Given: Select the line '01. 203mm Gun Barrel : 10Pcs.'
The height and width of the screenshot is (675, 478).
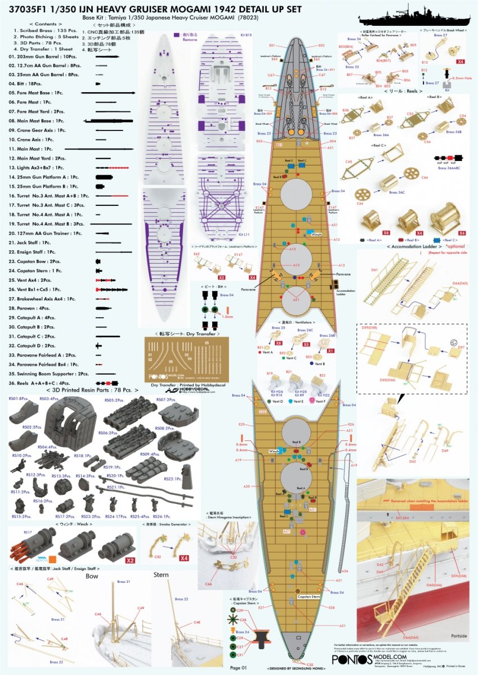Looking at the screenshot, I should click(x=42, y=57).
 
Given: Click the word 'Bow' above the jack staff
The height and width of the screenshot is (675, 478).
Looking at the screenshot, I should click(x=92, y=577).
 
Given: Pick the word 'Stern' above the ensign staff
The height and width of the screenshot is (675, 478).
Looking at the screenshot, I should click(x=162, y=575).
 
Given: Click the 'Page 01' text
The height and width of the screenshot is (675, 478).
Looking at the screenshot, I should click(x=239, y=668).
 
